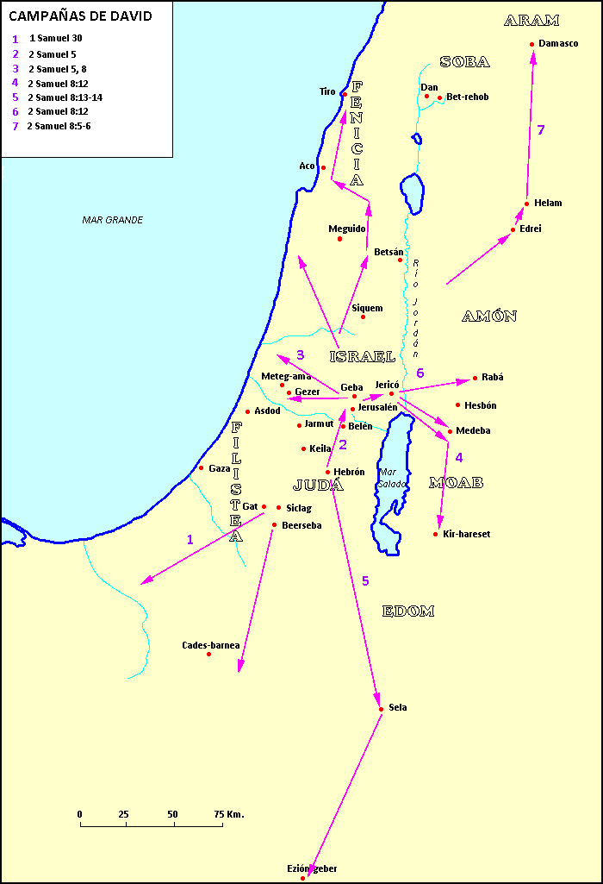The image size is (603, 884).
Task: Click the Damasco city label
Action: point(558,43)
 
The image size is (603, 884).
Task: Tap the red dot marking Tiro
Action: point(344,94)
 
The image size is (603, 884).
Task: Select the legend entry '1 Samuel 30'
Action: point(56,39)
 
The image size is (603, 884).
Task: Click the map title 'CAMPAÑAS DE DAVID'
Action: point(80,16)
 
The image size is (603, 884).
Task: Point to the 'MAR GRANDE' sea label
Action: point(113,220)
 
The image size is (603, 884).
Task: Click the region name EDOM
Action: point(408,611)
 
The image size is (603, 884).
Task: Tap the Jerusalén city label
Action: point(377,407)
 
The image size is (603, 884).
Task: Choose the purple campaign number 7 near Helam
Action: point(541,130)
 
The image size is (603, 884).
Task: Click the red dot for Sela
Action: point(381,709)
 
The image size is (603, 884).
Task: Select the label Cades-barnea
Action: point(211,645)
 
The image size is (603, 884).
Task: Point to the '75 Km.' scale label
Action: point(229,814)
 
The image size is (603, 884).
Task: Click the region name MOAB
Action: point(456,483)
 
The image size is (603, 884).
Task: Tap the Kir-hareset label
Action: point(467,535)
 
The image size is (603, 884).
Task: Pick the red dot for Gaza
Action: point(202,468)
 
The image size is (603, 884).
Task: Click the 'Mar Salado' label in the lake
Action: point(390,478)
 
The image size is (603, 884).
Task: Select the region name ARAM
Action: point(532,21)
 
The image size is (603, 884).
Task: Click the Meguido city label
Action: point(347,229)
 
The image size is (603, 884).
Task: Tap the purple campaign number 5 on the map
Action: point(365,581)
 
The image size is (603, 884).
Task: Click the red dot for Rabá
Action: point(475,378)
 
